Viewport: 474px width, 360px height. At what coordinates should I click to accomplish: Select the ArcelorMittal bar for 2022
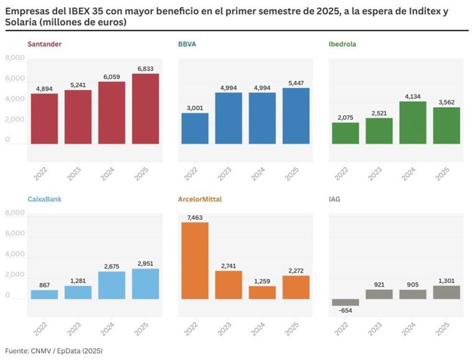[194, 260]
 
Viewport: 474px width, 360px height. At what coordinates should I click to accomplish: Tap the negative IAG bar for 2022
[345, 302]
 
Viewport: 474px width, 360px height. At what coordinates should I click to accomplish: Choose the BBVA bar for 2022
[194, 128]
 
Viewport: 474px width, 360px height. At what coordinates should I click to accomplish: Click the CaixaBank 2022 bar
[44, 294]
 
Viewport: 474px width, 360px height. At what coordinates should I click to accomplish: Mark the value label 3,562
[447, 102]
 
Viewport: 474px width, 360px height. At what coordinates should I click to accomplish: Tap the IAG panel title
[335, 199]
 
